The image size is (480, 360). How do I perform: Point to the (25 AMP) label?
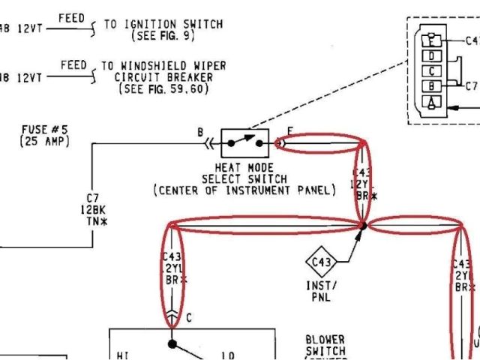(46, 141)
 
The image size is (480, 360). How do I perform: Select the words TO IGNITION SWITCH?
(163, 24)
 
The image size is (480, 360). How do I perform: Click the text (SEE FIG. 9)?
(163, 35)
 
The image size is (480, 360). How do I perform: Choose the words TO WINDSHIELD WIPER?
(164, 66)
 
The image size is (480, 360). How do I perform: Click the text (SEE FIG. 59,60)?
(164, 88)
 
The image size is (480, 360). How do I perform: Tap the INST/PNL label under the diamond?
(322, 291)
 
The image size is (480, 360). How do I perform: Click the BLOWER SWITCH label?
(325, 345)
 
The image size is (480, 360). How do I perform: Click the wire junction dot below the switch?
(362, 224)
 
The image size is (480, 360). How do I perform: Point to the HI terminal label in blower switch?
(124, 354)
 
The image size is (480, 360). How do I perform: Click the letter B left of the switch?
(200, 133)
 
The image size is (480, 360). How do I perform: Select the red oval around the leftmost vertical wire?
(173, 270)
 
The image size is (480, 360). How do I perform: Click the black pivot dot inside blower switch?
(172, 344)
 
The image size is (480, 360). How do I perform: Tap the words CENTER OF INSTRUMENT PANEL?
(244, 190)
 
